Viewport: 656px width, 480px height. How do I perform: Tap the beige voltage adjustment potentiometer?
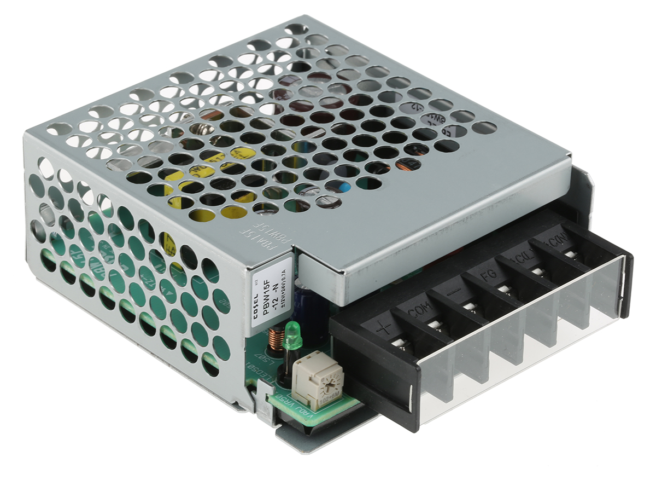point(317,378)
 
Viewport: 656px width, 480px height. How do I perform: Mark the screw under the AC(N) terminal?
point(571,254)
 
